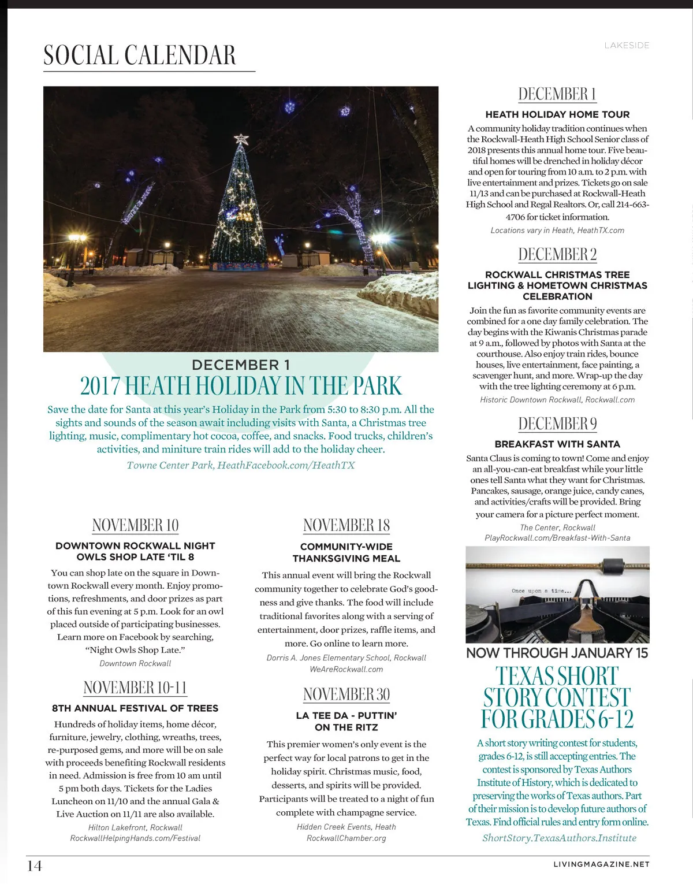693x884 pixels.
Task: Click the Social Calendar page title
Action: pos(140,55)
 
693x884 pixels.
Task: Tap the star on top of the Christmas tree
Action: pos(241,139)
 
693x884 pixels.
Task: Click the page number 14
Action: pos(35,866)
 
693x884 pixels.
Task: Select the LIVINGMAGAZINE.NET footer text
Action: pos(601,864)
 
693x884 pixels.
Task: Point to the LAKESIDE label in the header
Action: pos(627,45)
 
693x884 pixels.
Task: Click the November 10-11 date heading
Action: pos(135,688)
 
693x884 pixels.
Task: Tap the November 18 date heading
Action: pos(346,525)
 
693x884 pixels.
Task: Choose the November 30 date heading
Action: pos(346,694)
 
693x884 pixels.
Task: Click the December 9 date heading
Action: pos(557,424)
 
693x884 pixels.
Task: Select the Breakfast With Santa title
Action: pos(557,444)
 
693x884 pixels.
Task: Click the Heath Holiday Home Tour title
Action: pos(557,114)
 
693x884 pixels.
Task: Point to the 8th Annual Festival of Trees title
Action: pos(135,708)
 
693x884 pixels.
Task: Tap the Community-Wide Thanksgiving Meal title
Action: pos(346,552)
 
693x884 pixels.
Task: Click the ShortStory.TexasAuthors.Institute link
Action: pos(559,838)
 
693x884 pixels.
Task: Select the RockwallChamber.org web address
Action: pos(346,838)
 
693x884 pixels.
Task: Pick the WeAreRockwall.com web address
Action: pos(346,669)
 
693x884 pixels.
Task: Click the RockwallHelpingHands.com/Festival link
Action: pos(135,838)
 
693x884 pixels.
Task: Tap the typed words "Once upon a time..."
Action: pos(542,590)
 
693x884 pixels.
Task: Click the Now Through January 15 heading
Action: pos(557,653)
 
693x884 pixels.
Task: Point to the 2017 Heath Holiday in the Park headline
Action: pos(241,386)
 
